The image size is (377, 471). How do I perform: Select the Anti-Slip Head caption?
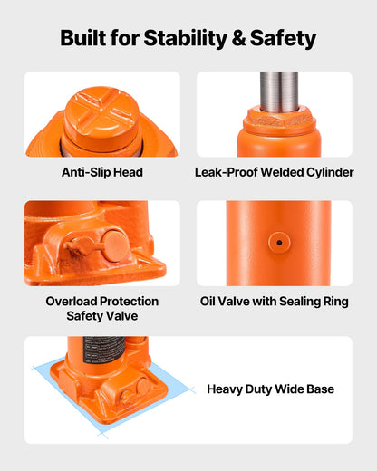tap(102, 172)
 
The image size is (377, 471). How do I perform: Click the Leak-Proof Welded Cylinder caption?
tap(274, 172)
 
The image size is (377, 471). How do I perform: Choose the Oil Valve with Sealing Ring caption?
tap(274, 301)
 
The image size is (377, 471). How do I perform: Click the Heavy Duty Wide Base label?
tap(270, 389)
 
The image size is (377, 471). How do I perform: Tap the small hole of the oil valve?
tap(278, 243)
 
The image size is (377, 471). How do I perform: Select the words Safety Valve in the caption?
tap(102, 316)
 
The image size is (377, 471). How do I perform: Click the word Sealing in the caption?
tap(302, 301)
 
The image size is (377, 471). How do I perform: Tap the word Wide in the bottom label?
tap(287, 389)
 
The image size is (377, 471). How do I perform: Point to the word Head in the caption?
tap(128, 172)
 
